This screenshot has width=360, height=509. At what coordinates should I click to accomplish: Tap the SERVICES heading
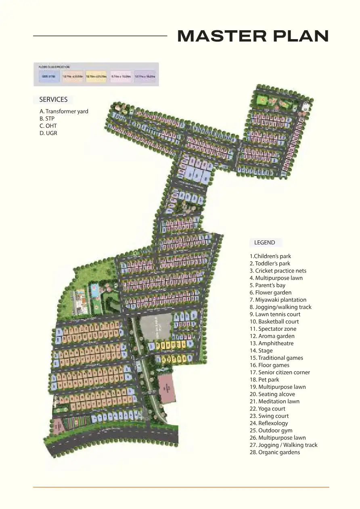click(x=53, y=100)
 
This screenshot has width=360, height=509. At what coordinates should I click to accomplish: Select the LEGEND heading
click(x=265, y=242)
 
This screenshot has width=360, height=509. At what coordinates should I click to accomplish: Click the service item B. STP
click(x=47, y=119)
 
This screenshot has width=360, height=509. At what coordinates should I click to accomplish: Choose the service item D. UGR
click(x=48, y=133)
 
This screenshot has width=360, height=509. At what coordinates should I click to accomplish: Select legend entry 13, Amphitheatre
click(x=271, y=343)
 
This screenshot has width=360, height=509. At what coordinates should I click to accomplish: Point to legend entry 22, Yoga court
click(x=267, y=409)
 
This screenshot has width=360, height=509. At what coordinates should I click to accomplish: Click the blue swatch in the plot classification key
click(x=49, y=76)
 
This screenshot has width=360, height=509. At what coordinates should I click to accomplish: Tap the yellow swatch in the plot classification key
click(x=96, y=76)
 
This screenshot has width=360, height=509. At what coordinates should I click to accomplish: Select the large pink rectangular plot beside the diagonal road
click(x=166, y=388)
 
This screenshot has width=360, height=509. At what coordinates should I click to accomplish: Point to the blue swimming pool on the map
click(x=94, y=290)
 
